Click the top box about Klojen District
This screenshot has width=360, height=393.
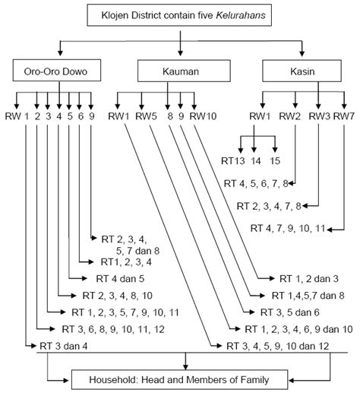(x=179, y=14)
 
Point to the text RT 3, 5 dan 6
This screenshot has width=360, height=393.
(x=291, y=312)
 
